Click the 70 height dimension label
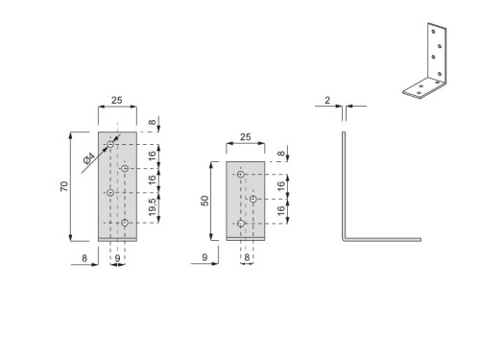pos(64,185)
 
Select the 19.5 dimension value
pos(153,205)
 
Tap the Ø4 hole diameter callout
pos(89,156)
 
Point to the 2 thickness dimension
pos(327,99)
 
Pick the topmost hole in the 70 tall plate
pos(111,145)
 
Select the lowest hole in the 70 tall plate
pos(125,223)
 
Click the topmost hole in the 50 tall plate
pos(240,175)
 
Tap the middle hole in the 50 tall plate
pos(252,200)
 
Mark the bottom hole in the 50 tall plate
pos(240,224)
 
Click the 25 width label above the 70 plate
pos(116,100)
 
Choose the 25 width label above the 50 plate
pos(245,138)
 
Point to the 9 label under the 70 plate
pos(117,258)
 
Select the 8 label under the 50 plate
pos(247,258)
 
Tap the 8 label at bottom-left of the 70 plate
pos(84,258)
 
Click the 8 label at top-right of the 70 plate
pos(153,123)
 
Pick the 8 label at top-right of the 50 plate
pos(280,154)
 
